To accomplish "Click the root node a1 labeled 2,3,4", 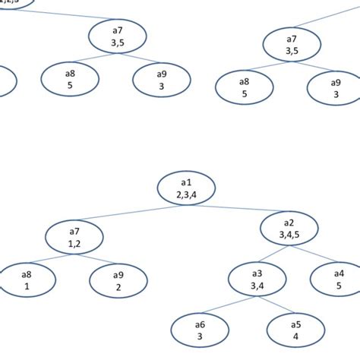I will (x=188, y=188).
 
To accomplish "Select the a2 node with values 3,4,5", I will (x=289, y=229).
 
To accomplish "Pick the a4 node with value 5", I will (x=338, y=279).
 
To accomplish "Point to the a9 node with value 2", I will (x=118, y=280).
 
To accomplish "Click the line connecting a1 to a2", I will (x=240, y=209).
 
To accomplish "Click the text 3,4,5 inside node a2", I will (x=289, y=235).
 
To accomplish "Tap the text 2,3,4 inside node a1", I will (x=188, y=194).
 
